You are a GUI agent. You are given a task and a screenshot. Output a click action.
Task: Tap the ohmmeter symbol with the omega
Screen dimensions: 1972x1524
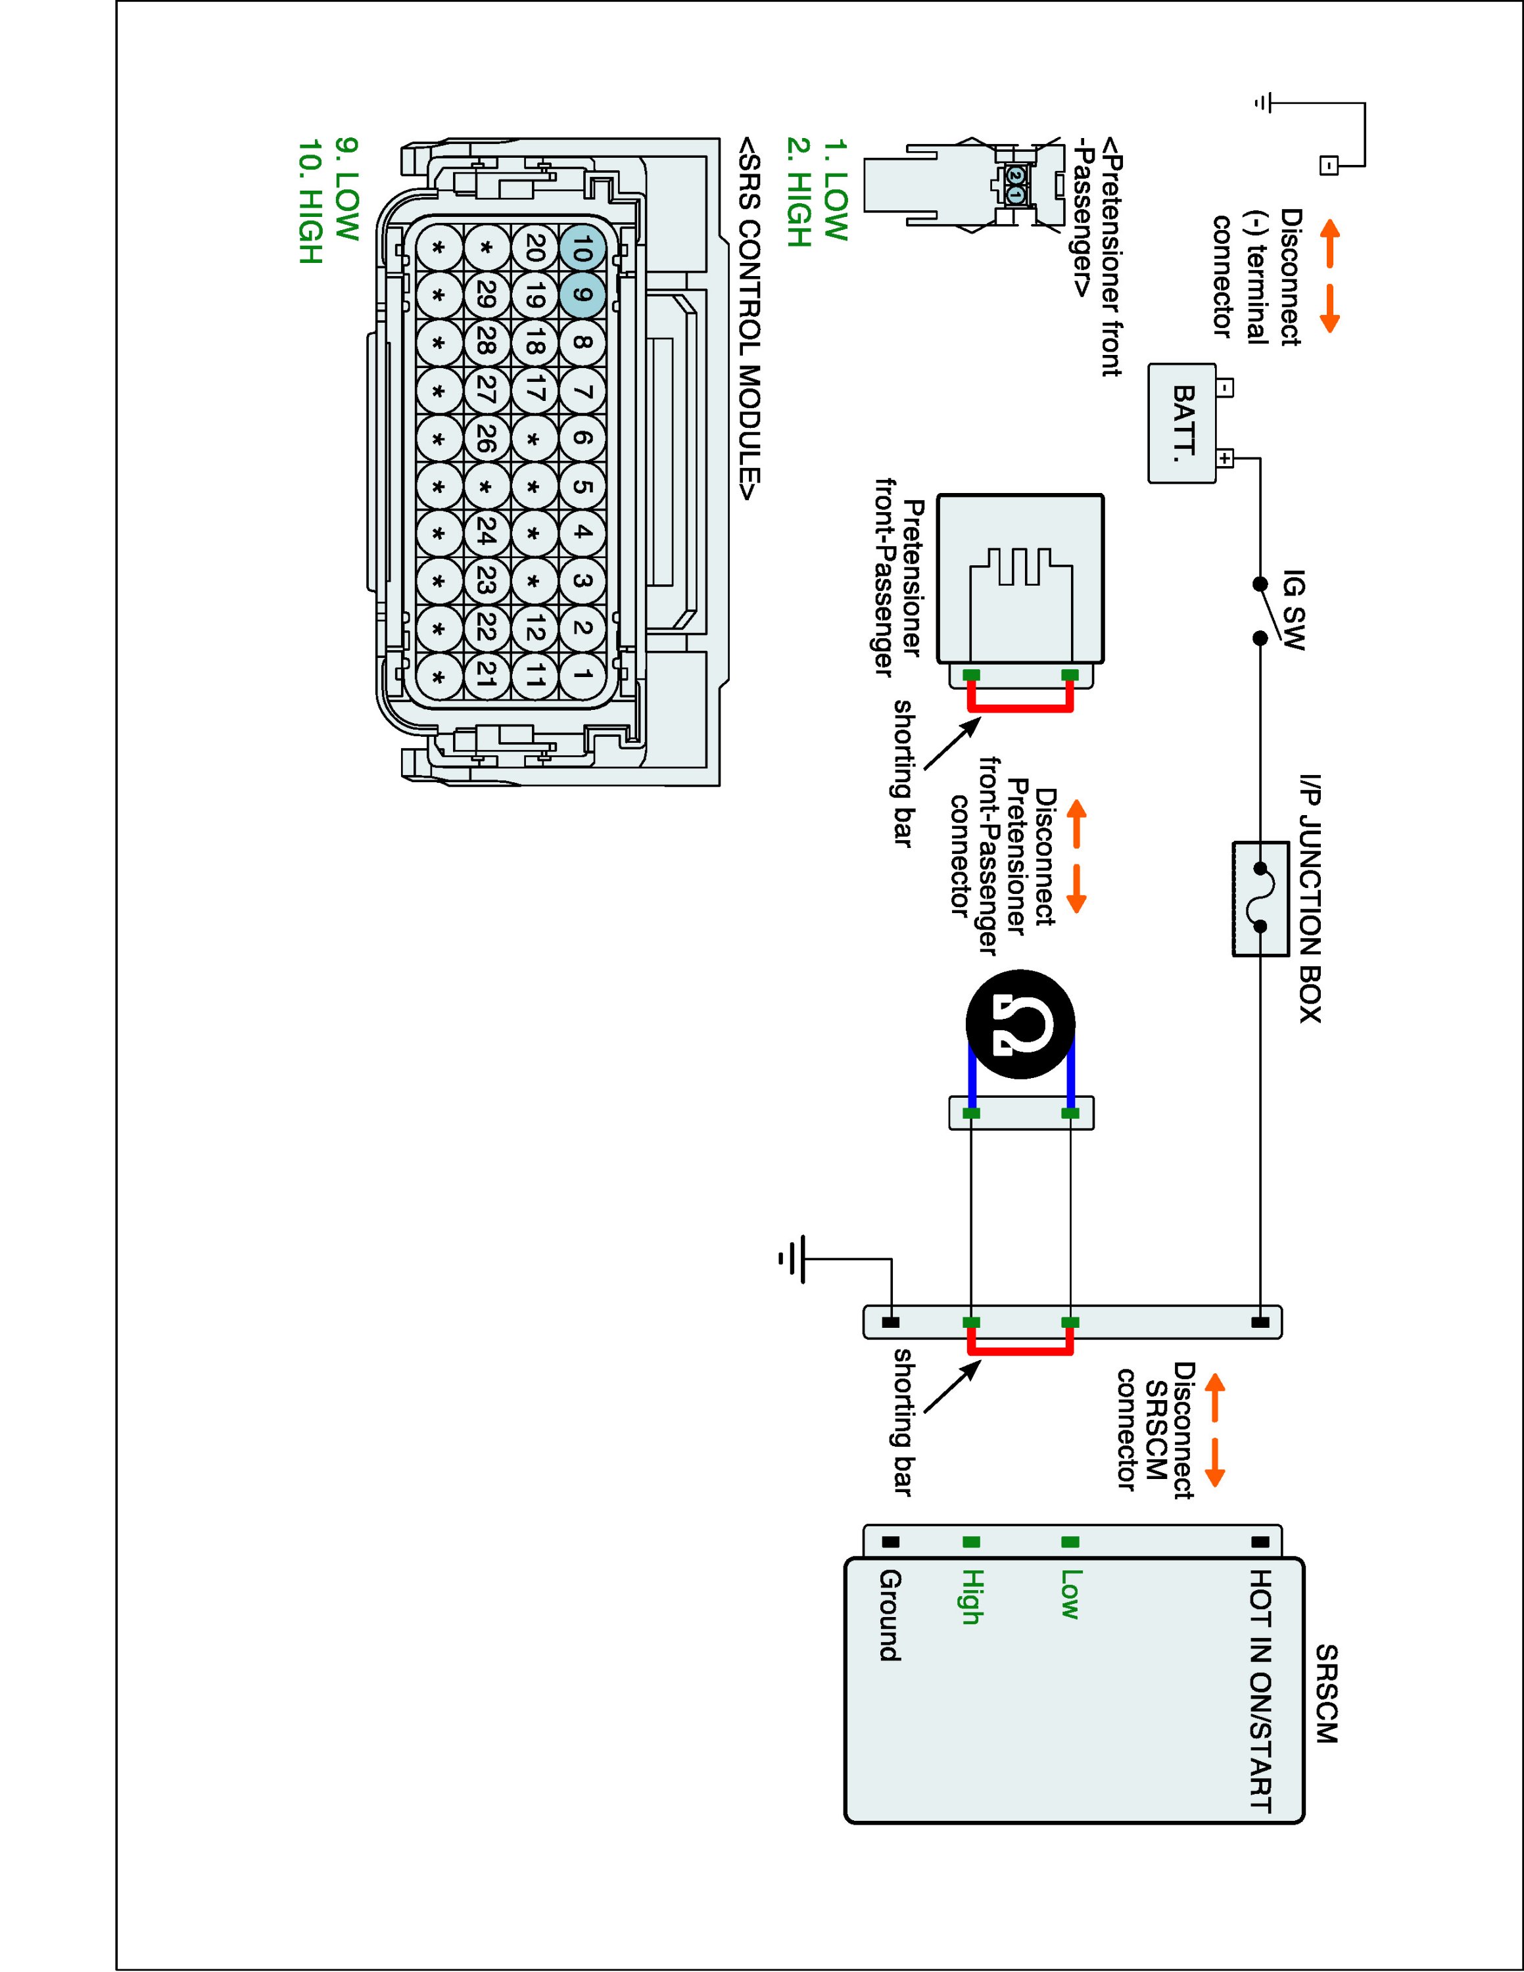[1020, 1024]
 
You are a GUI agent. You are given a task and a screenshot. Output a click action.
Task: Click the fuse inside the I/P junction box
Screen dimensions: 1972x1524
[1260, 897]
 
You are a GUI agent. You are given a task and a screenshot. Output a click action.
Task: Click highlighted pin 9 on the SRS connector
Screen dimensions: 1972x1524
[583, 294]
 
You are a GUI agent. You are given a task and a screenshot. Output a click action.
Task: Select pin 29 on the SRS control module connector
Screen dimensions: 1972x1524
[487, 294]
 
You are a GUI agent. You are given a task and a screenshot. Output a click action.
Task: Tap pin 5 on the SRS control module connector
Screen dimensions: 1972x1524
[583, 486]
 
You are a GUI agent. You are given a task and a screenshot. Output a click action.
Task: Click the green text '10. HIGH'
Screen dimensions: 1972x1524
[310, 201]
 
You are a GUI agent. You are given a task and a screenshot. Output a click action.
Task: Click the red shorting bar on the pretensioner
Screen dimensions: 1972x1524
[1020, 709]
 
